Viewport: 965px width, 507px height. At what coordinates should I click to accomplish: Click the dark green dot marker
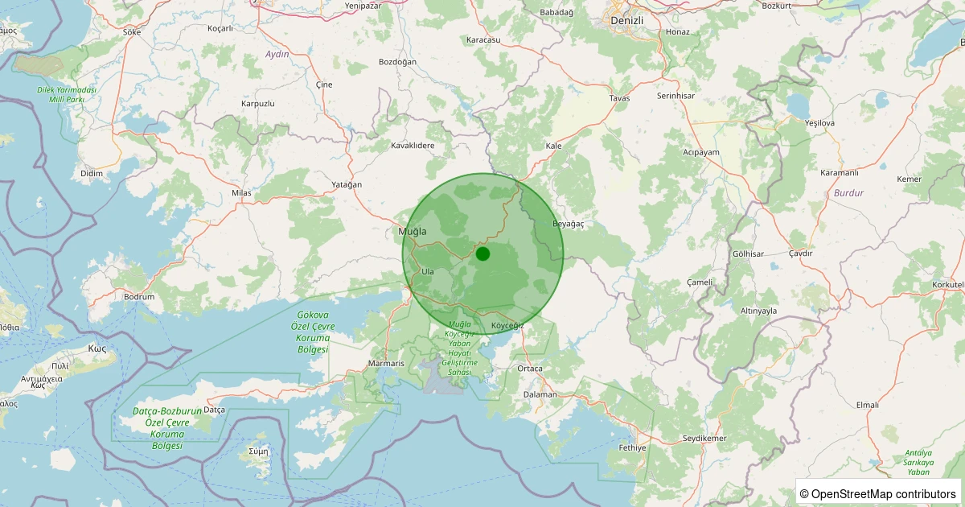click(482, 253)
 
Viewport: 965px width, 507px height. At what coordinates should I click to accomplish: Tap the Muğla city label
click(412, 232)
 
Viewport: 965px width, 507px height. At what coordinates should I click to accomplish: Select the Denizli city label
click(627, 19)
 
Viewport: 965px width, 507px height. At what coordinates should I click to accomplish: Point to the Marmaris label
click(386, 364)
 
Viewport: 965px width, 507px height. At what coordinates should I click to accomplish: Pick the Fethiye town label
click(632, 447)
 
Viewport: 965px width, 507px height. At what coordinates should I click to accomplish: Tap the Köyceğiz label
click(507, 325)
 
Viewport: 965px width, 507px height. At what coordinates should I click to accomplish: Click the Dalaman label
click(540, 394)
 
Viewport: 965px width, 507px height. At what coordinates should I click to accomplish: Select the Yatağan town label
click(347, 184)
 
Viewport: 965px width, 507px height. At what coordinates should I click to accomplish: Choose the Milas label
click(241, 193)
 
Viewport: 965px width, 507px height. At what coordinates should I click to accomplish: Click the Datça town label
click(214, 410)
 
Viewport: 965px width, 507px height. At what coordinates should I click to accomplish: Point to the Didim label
click(92, 173)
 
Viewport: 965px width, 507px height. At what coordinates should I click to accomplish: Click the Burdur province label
click(848, 193)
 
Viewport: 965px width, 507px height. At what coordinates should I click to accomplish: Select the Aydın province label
click(277, 54)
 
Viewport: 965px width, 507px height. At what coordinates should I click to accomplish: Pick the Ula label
click(428, 271)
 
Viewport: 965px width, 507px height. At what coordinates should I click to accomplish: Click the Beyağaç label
click(568, 223)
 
